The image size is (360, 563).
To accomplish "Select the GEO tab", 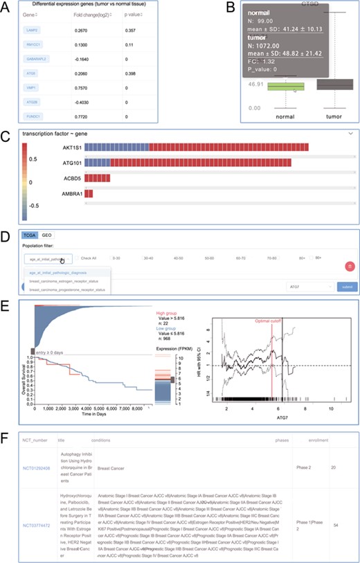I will click(46, 235).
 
